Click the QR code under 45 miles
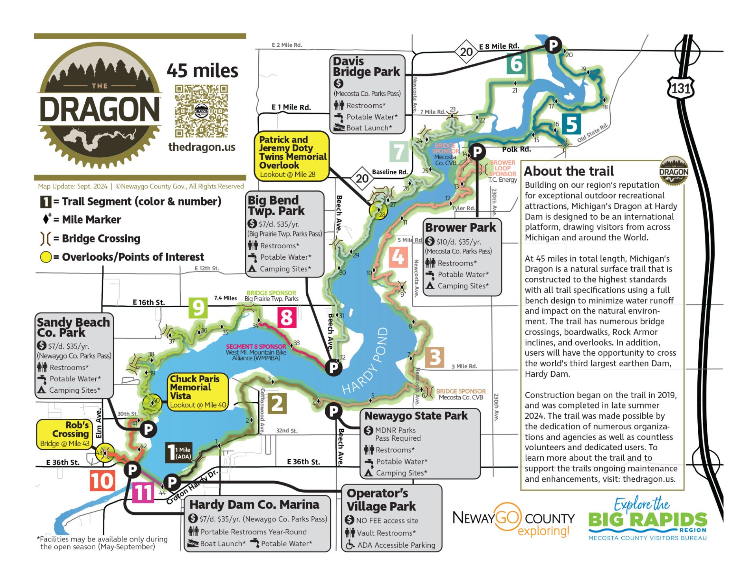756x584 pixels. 201,111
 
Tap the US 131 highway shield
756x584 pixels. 680,88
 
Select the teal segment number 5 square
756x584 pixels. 571,124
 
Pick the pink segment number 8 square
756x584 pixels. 287,317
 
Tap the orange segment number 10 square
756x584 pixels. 102,481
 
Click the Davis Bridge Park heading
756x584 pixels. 366,67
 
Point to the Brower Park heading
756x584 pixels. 460,227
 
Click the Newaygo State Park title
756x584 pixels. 416,416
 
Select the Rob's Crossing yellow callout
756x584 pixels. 64,434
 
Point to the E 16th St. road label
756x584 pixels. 148,302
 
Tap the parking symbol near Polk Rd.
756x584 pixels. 477,151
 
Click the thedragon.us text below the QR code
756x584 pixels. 202,147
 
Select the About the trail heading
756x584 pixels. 569,171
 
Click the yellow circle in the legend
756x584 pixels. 46,257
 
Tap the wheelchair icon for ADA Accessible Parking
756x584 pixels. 350,545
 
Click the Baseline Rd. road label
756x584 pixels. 389,172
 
